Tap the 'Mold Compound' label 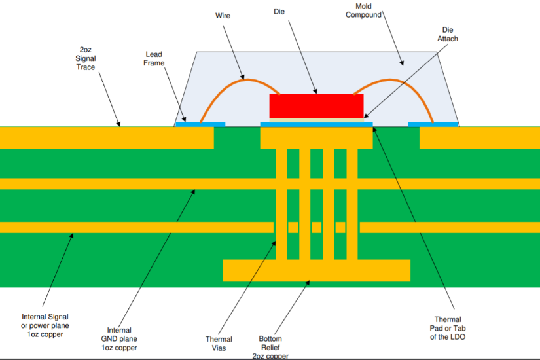363,10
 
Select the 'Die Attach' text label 448,34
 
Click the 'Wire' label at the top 224,14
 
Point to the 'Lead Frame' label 154,58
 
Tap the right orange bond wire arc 393,81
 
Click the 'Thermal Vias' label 219,344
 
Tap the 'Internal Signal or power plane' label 45,325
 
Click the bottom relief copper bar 316,270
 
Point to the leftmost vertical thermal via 281,203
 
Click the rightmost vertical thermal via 351,203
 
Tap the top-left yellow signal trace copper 105,137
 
